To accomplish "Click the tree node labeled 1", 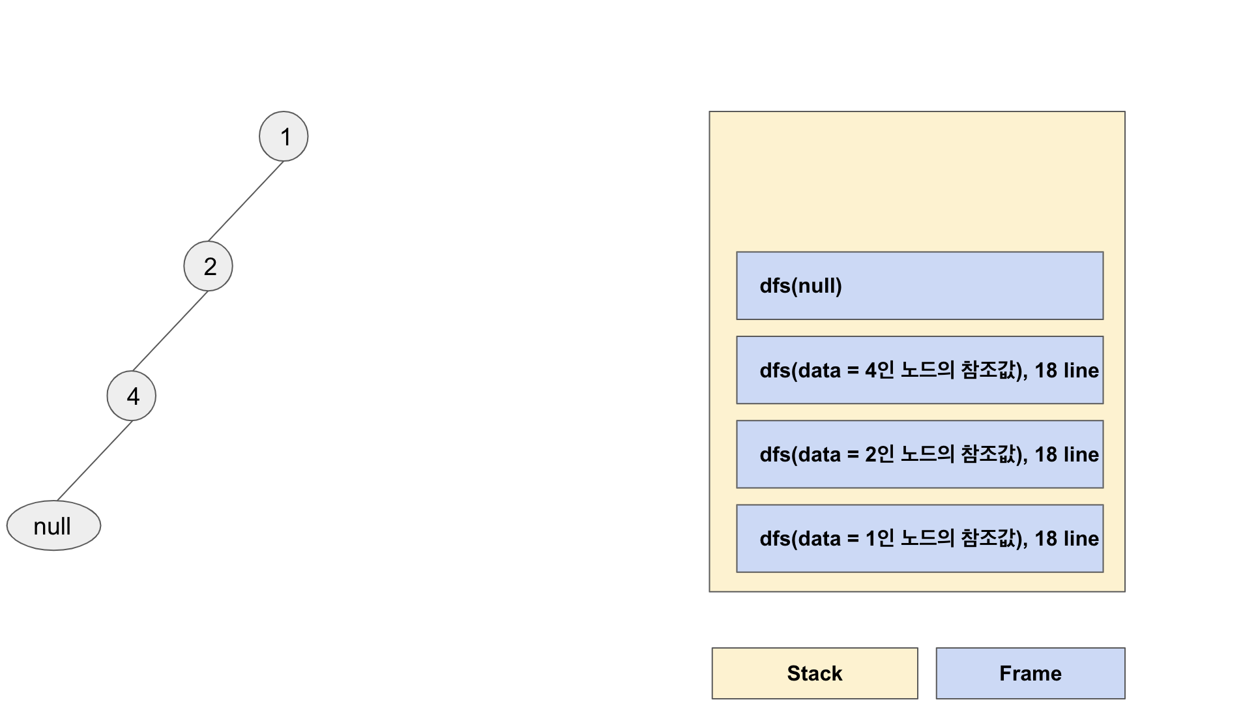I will click(x=284, y=136).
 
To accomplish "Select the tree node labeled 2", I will click(x=208, y=266).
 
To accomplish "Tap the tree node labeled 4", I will click(x=132, y=396).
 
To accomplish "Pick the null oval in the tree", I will click(x=53, y=525).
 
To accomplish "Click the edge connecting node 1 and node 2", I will click(x=246, y=201).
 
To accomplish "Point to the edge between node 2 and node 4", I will click(x=170, y=330).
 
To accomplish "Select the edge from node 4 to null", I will click(x=95, y=461).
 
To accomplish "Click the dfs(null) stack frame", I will click(x=919, y=286).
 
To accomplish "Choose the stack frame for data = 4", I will click(x=919, y=370).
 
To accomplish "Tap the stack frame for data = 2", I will click(x=919, y=454).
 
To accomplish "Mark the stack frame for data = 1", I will click(x=919, y=538).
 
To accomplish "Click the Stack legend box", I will click(x=814, y=673).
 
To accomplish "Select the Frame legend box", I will click(x=1030, y=673).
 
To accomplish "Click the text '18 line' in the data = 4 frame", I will click(x=1066, y=370).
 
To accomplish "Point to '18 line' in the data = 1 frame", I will click(x=1066, y=538).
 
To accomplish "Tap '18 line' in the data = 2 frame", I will click(x=1066, y=454).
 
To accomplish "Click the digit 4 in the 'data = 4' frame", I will click(x=871, y=370).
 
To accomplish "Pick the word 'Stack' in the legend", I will click(x=814, y=673).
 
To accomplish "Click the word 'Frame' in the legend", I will click(x=1030, y=673).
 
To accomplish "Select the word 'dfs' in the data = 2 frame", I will click(x=774, y=454).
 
